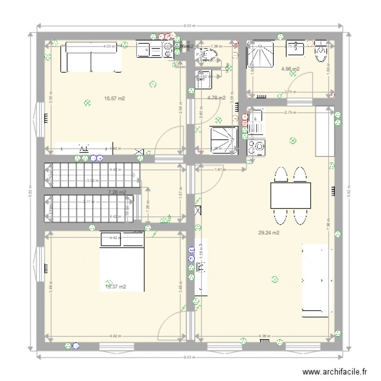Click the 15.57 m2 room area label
pos(114,99)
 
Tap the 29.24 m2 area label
pos(270,233)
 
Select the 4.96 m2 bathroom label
pos(290,69)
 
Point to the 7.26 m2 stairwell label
pos(117,192)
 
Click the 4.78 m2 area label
pos(216,98)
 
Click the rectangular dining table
pos(290,196)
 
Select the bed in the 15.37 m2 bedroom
pos(122,262)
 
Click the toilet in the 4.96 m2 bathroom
pos(322,51)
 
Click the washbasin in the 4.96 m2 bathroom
pos(295,48)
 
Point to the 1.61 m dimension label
pos(219,170)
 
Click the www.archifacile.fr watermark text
pos(336,371)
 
